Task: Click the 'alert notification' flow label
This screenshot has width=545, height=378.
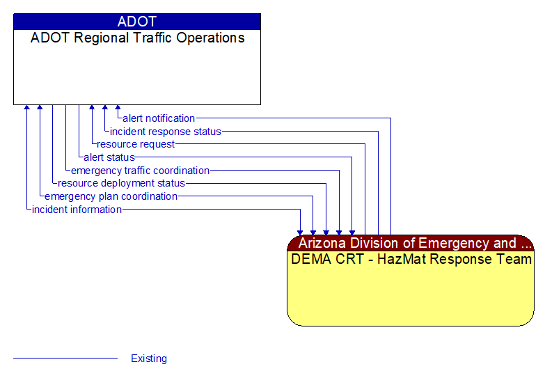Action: tap(159, 118)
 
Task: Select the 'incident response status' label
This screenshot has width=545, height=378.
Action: tap(166, 132)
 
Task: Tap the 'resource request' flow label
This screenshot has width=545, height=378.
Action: tap(136, 144)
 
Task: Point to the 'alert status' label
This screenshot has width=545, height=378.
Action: tap(109, 157)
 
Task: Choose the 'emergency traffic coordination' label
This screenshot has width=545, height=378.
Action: tap(140, 171)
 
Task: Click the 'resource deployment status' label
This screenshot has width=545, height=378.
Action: tap(122, 184)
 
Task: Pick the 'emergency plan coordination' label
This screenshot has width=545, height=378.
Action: tap(111, 196)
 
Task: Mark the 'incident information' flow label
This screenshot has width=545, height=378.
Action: tap(77, 210)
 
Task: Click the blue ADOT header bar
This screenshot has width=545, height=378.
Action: tap(137, 22)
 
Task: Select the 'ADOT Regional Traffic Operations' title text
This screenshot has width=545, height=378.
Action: tap(137, 38)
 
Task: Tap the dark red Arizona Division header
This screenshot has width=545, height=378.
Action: tap(411, 243)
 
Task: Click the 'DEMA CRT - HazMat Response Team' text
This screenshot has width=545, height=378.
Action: tap(411, 260)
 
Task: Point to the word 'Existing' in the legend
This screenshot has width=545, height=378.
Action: tap(149, 359)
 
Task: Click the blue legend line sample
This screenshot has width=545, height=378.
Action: tap(65, 359)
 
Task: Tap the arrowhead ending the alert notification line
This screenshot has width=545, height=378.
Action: tap(118, 109)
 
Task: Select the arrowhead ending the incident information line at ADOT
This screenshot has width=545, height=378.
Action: tap(26, 109)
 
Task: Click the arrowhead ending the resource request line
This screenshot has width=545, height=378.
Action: tap(91, 109)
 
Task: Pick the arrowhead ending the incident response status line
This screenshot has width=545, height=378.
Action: tap(104, 109)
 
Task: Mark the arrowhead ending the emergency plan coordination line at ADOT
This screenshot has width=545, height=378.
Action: tap(40, 109)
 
